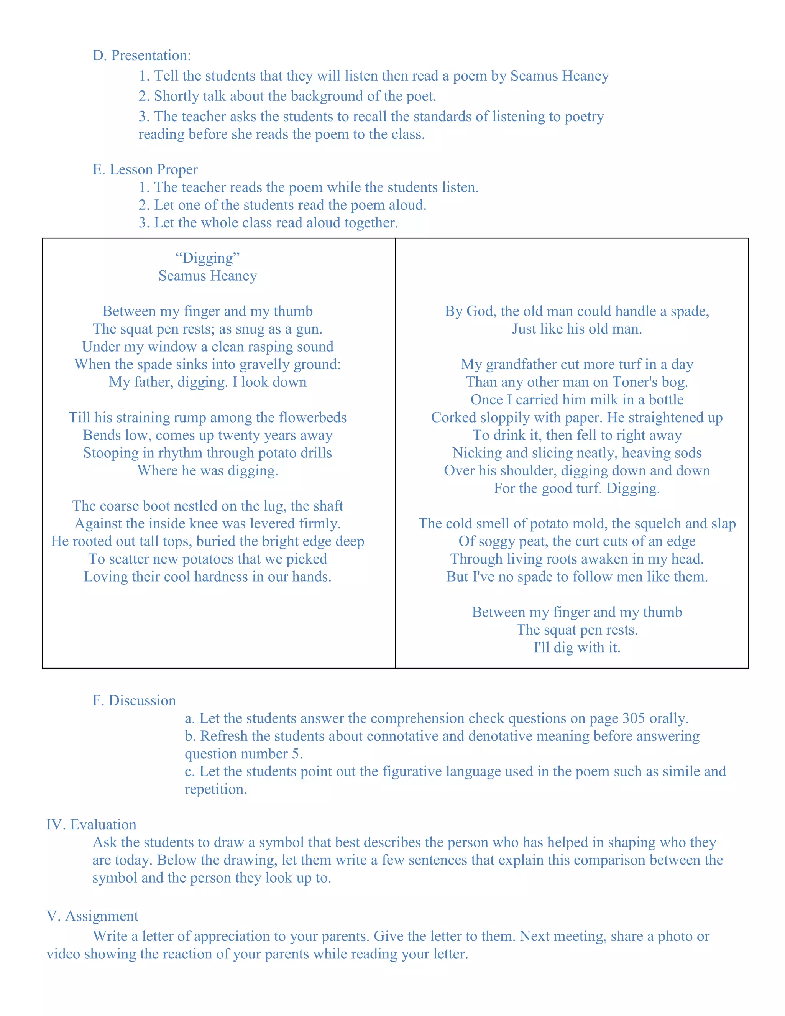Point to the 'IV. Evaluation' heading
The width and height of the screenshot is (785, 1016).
point(91,824)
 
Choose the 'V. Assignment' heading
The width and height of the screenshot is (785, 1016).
point(92,916)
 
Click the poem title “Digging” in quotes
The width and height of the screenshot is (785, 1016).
point(207,258)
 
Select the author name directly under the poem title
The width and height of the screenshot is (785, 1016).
point(207,276)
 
